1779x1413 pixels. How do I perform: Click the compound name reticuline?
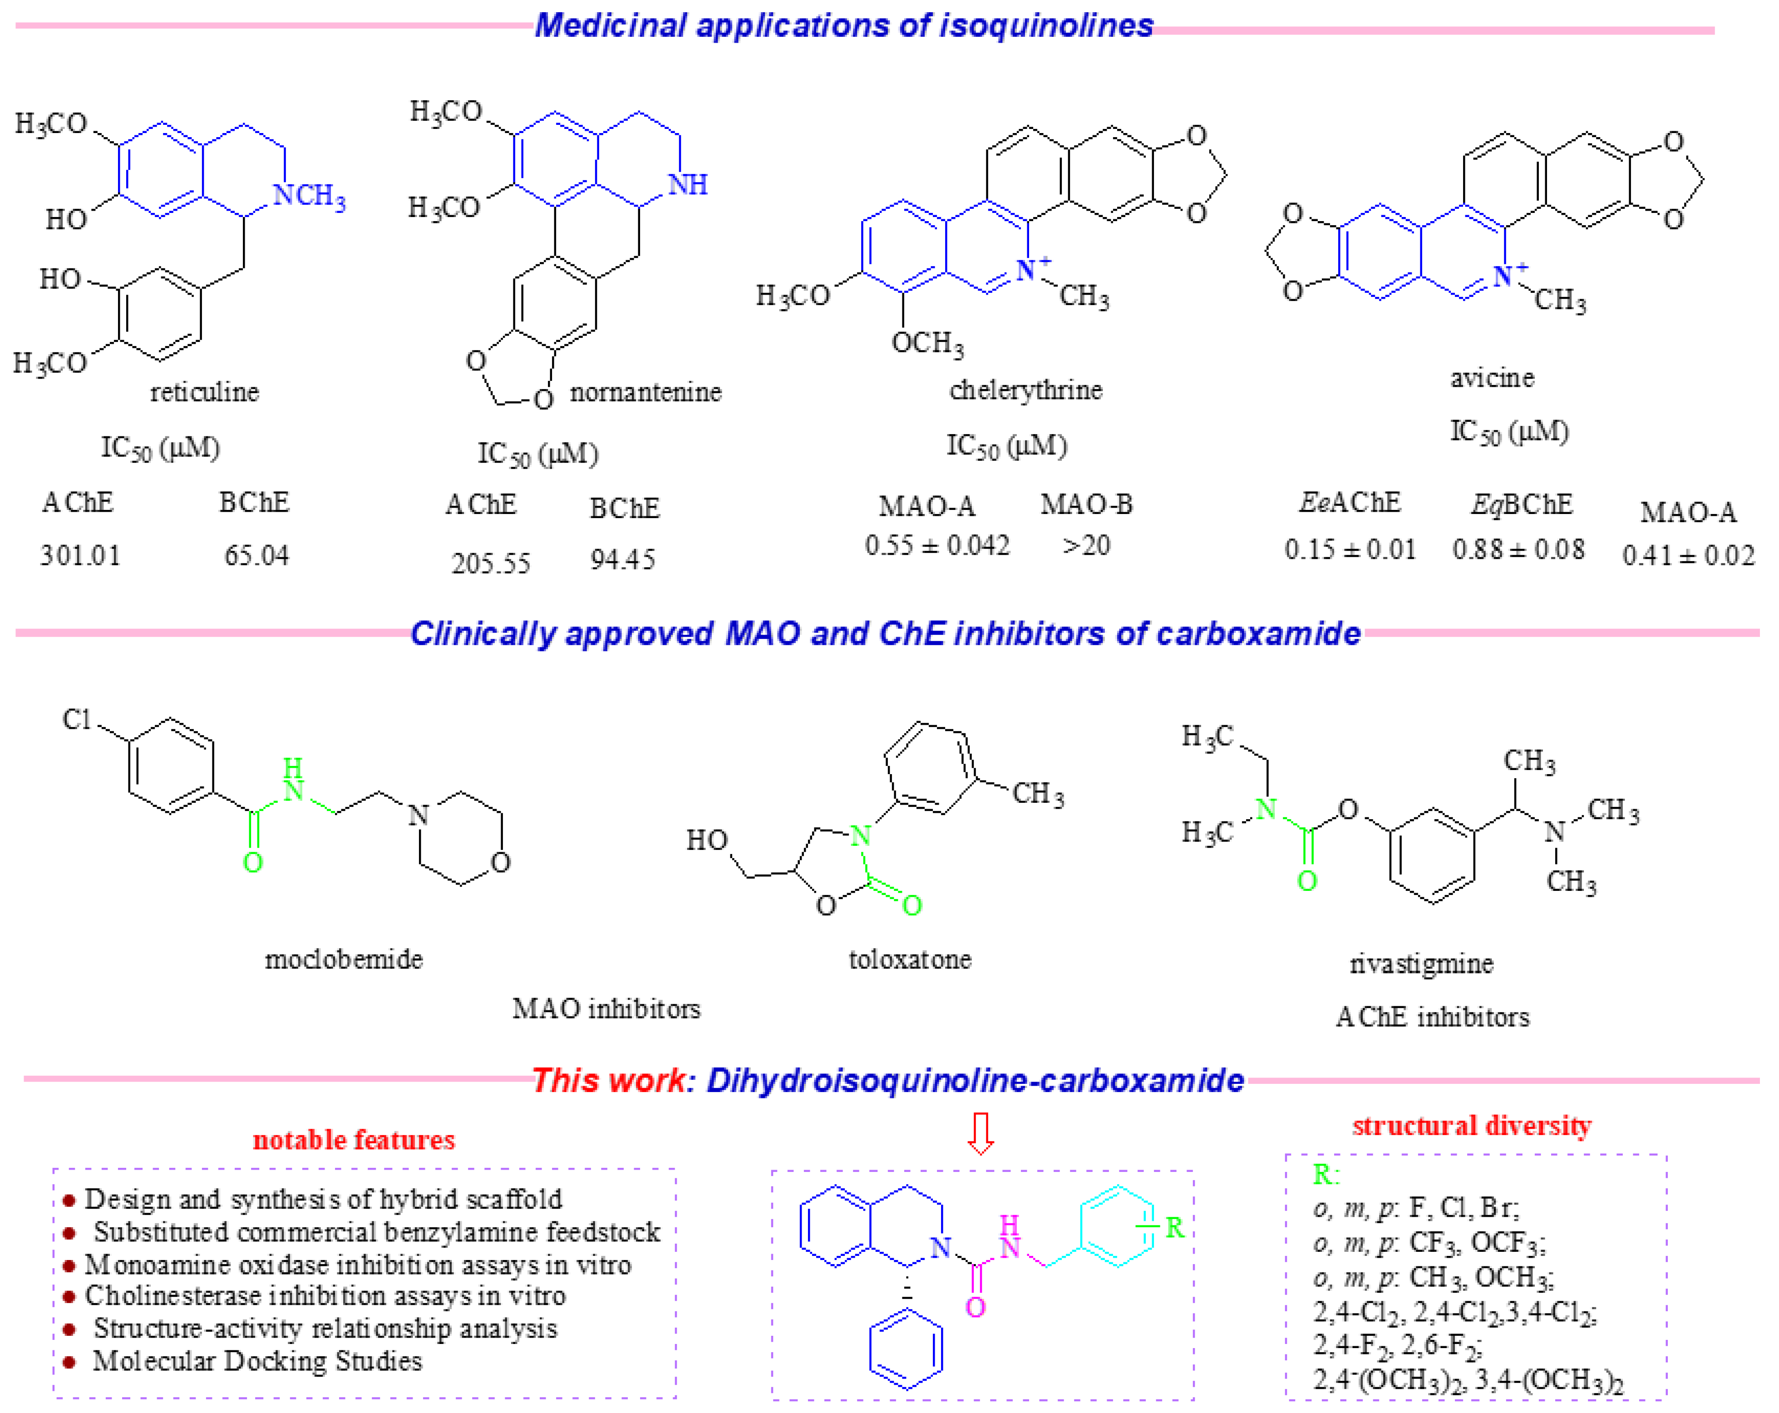pyautogui.click(x=204, y=391)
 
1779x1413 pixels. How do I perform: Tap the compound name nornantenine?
pyautogui.click(x=645, y=391)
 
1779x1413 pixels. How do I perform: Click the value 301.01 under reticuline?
pyautogui.click(x=80, y=555)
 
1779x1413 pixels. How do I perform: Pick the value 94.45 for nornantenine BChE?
pyautogui.click(x=622, y=559)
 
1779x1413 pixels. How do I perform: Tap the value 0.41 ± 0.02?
pyautogui.click(x=1687, y=555)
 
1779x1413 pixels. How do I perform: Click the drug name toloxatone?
pyautogui.click(x=910, y=959)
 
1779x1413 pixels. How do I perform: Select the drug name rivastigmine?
pyautogui.click(x=1421, y=963)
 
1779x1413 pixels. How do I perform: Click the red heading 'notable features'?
pyautogui.click(x=353, y=1140)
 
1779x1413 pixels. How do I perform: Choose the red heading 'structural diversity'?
pyautogui.click(x=1471, y=1126)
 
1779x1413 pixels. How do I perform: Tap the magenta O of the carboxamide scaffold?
pyautogui.click(x=976, y=1307)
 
